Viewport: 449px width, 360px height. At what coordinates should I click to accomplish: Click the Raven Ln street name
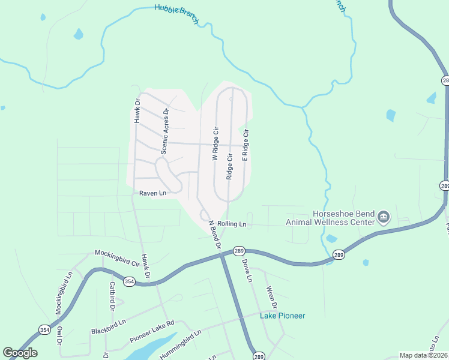pyautogui.click(x=152, y=193)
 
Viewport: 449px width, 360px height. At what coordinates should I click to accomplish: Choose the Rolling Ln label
pyautogui.click(x=232, y=224)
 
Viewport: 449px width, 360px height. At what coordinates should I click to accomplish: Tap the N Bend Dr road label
pyautogui.click(x=215, y=235)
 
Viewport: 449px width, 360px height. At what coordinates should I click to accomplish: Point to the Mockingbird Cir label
pyautogui.click(x=116, y=258)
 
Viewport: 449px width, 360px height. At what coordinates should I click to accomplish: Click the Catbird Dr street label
pyautogui.click(x=112, y=296)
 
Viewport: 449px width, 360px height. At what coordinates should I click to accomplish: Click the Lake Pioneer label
pyautogui.click(x=282, y=316)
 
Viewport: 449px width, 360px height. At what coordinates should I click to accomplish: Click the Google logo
pyautogui.click(x=20, y=353)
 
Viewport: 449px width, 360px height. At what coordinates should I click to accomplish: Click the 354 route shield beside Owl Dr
pyautogui.click(x=44, y=329)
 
